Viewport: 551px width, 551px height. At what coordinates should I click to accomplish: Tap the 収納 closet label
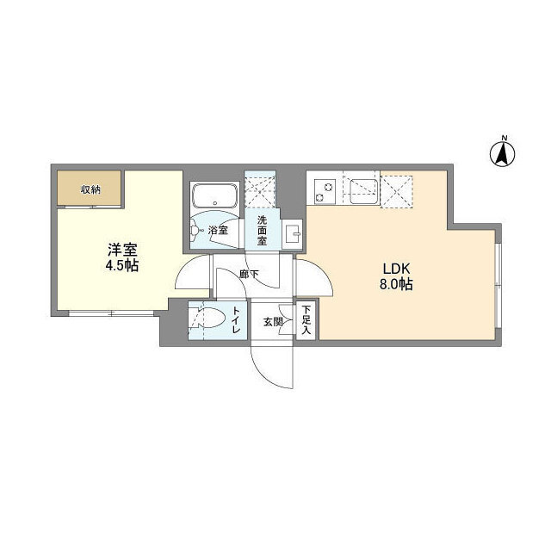(x=90, y=189)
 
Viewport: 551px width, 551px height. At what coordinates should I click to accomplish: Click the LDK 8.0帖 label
(x=394, y=276)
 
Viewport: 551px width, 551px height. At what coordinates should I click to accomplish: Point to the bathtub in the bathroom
(x=214, y=197)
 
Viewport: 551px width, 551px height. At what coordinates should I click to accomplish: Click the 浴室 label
(x=218, y=231)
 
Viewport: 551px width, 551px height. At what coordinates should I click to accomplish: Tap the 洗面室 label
(x=261, y=230)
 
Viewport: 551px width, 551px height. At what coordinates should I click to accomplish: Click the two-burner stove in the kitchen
(x=325, y=190)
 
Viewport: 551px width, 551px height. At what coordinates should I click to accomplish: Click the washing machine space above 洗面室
(x=261, y=189)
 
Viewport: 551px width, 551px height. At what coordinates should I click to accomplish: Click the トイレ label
(x=237, y=324)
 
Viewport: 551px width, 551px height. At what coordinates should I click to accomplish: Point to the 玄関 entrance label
(x=272, y=323)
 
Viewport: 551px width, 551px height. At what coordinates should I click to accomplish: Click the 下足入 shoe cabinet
(x=306, y=322)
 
